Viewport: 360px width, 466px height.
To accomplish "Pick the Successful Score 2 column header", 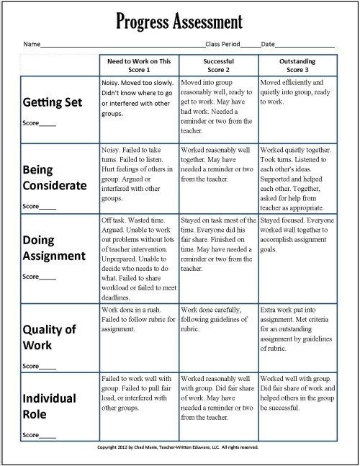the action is pos(218,66).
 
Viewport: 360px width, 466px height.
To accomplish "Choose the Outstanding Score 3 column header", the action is pos(297,66).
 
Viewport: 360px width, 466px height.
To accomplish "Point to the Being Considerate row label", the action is pos(55,177).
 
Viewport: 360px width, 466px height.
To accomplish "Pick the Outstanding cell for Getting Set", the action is pos(297,108).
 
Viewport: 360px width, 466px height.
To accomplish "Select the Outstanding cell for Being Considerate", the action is pos(297,177).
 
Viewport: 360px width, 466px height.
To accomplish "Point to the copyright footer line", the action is pos(180,447).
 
